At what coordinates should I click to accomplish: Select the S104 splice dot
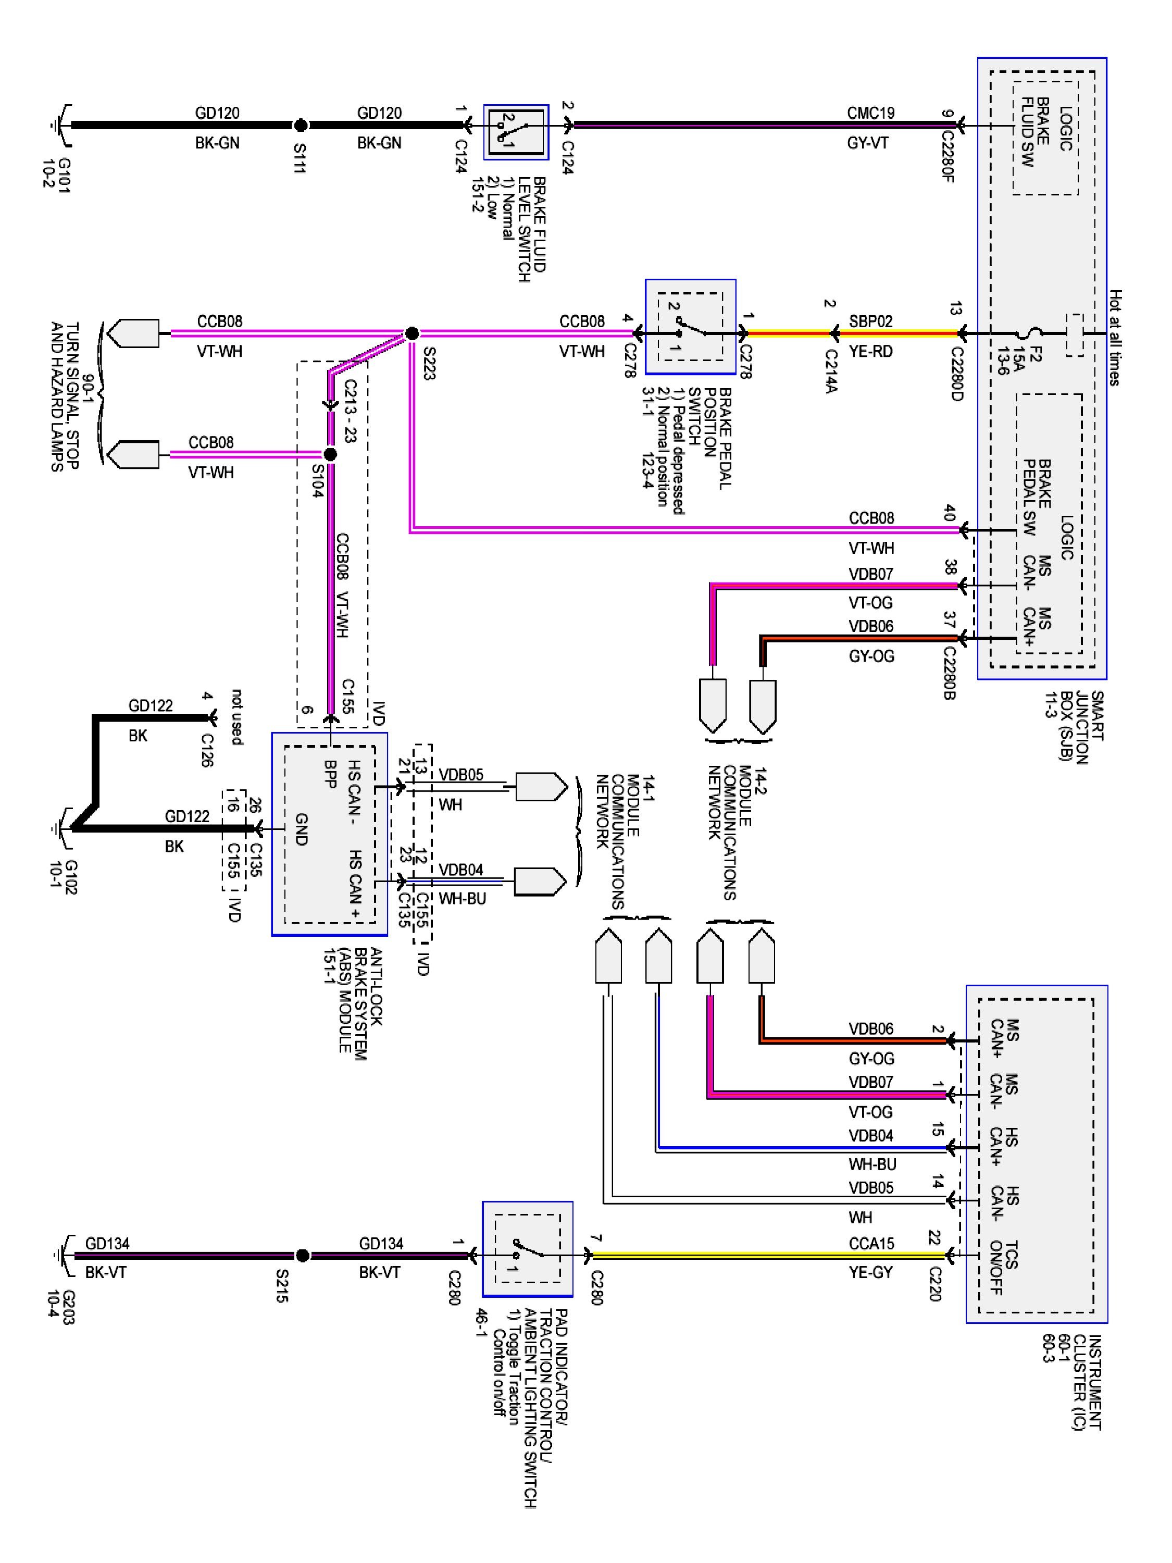tap(329, 454)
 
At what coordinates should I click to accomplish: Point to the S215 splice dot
tap(302, 1255)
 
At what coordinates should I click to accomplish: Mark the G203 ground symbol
tap(62, 1255)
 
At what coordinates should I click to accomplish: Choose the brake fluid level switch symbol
tap(516, 132)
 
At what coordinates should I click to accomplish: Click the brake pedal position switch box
tap(690, 327)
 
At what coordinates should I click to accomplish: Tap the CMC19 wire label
tap(870, 113)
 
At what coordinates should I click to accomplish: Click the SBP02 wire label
tap(870, 321)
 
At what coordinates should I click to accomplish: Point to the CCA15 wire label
tap(870, 1243)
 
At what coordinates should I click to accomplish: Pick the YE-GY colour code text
tap(870, 1273)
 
